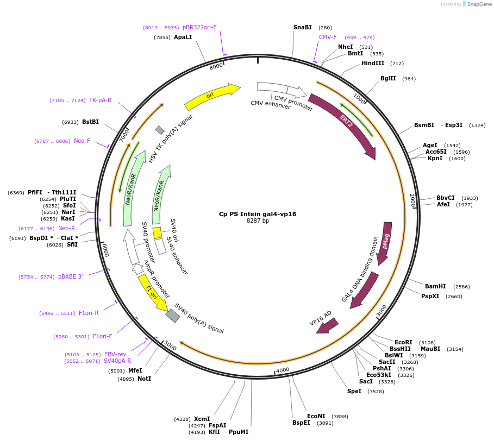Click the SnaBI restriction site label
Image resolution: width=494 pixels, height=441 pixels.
(303, 27)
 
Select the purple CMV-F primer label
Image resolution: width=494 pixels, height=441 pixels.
(328, 37)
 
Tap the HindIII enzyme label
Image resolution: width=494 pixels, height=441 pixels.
(373, 63)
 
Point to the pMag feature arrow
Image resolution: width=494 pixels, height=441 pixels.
(385, 242)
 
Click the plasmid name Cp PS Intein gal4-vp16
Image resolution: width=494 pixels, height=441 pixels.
(258, 214)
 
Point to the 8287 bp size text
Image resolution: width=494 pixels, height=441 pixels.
(258, 221)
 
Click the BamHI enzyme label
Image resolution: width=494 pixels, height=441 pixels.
(435, 286)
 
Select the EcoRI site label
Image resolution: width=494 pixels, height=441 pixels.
(403, 342)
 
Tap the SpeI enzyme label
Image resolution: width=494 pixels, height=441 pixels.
(354, 391)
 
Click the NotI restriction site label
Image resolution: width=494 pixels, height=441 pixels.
(144, 379)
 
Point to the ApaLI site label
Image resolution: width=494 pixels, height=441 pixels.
(183, 37)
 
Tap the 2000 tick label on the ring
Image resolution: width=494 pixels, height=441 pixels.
(412, 200)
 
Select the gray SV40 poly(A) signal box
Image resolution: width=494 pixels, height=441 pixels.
(173, 316)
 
